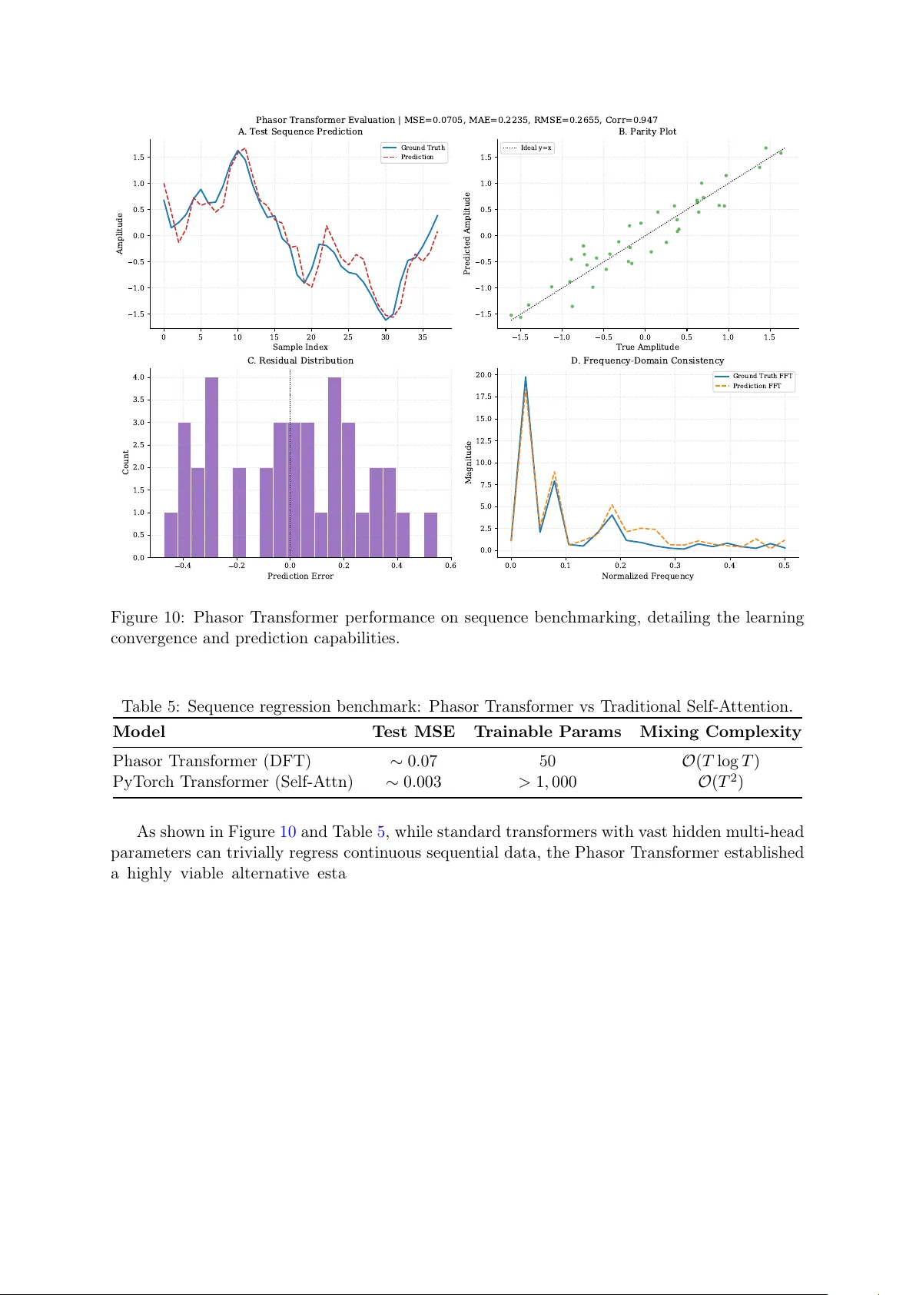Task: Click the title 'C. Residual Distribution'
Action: (300, 360)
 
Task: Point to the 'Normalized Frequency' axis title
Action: (647, 576)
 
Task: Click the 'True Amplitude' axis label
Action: (647, 347)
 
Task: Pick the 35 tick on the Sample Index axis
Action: (423, 337)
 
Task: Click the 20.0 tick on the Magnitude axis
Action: (483, 375)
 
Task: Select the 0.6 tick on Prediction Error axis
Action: (450, 566)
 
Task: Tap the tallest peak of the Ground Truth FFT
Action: (526, 377)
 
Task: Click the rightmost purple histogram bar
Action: (430, 534)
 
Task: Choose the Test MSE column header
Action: (413, 732)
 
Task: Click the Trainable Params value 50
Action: (547, 761)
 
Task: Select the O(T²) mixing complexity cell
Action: (720, 782)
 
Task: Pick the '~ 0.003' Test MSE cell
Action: (413, 782)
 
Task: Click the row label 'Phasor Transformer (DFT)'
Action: (211, 761)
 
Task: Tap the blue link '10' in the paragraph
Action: (287, 832)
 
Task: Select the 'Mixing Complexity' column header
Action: (720, 732)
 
